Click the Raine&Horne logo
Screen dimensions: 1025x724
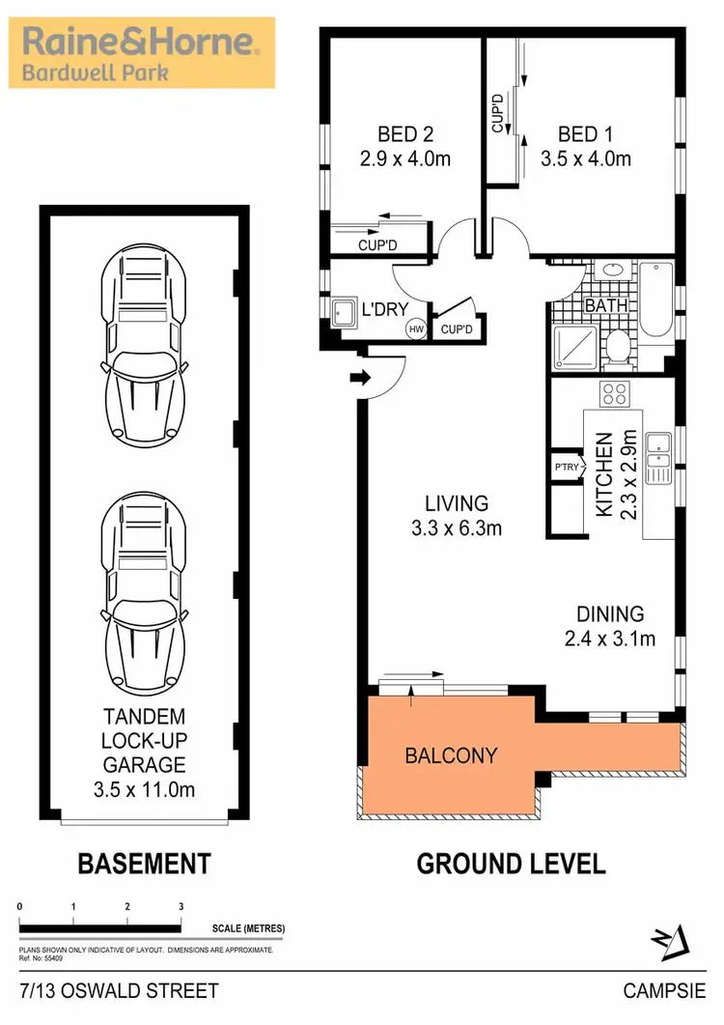pos(141,53)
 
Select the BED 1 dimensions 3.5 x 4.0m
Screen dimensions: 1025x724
pos(585,158)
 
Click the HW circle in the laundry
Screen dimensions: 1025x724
pos(416,329)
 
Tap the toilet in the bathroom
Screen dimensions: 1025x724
pos(617,345)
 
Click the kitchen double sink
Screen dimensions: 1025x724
pos(659,459)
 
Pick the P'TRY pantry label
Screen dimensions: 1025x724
pos(565,468)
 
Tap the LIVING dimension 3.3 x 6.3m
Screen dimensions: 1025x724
pos(458,528)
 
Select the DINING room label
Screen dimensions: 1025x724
pos(610,613)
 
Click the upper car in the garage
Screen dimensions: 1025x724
pos(142,342)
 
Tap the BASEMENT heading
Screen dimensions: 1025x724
pos(144,863)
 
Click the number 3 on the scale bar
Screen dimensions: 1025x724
pos(181,906)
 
